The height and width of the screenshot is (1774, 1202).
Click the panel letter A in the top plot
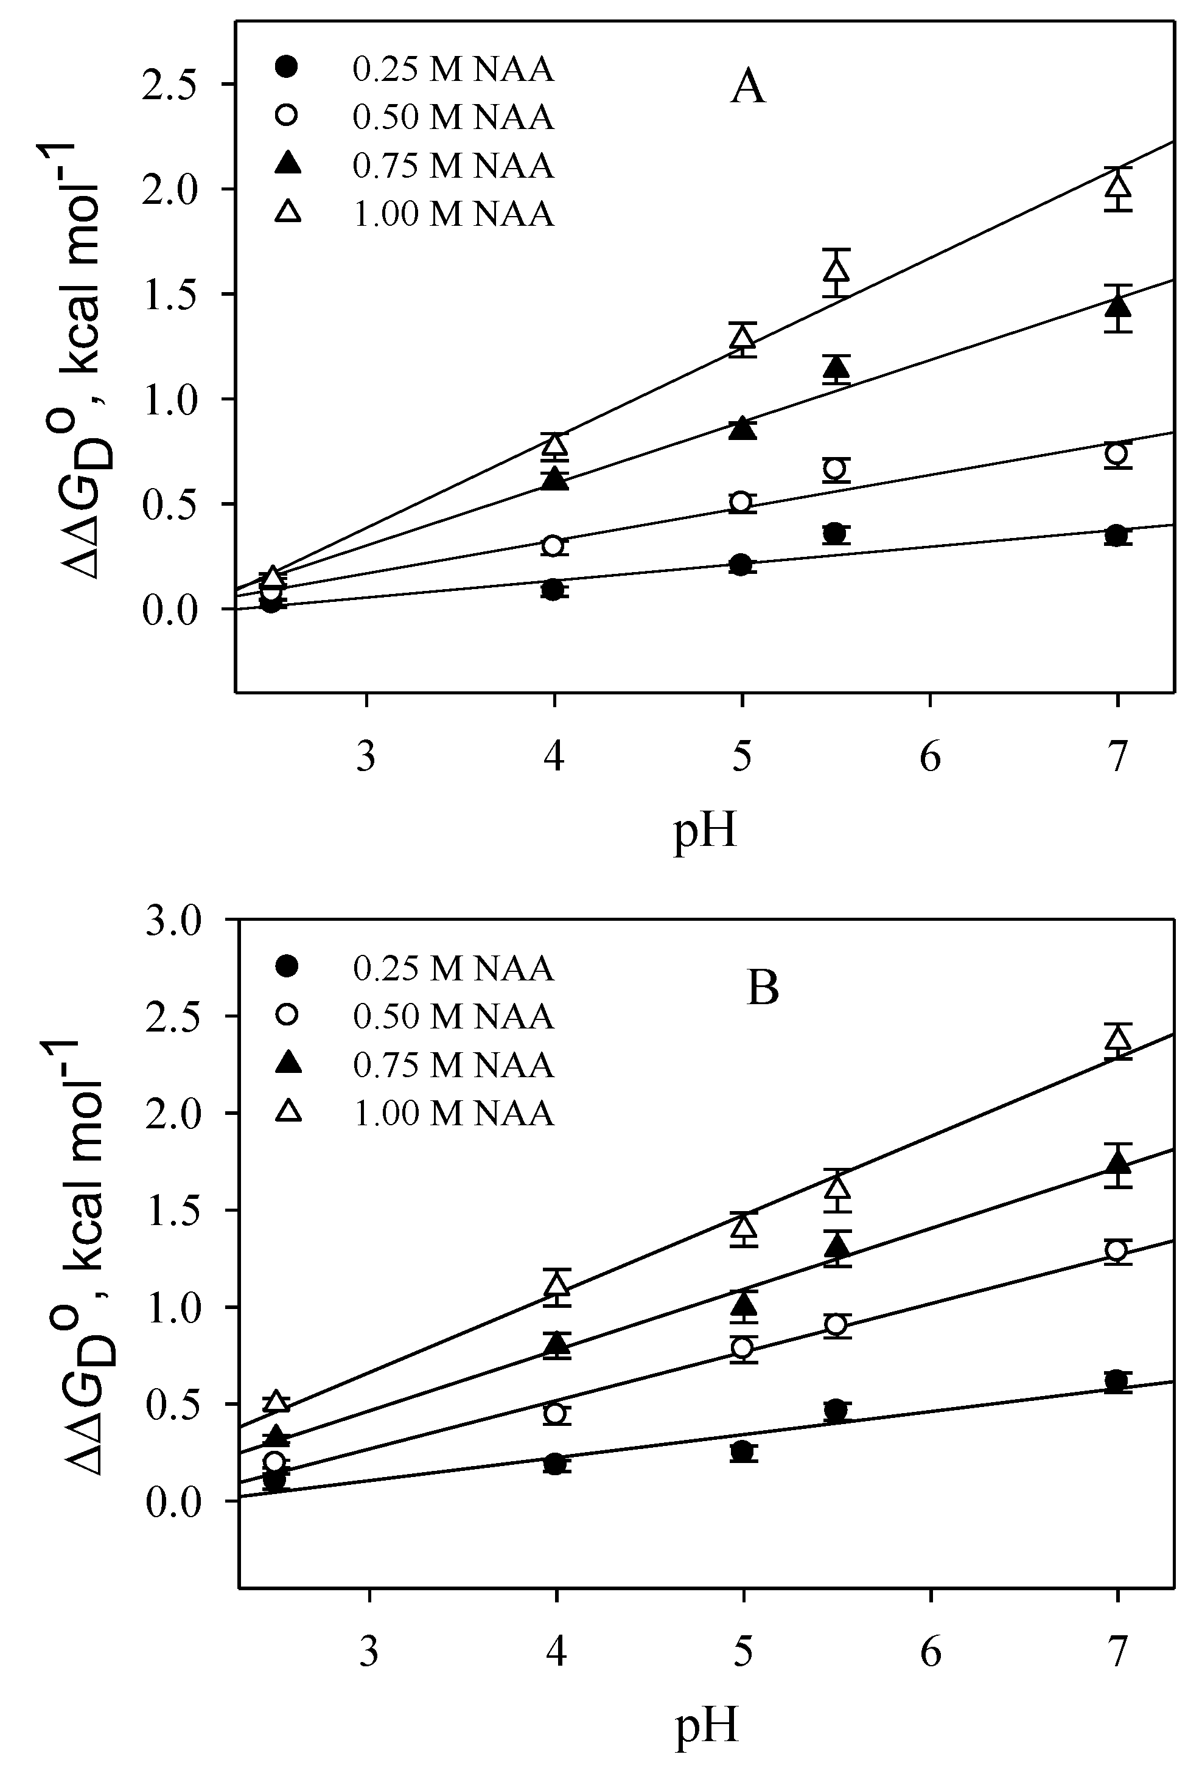pos(747,88)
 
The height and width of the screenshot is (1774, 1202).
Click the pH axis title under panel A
pos(705,832)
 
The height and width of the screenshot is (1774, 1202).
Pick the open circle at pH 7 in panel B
pos(1117,1251)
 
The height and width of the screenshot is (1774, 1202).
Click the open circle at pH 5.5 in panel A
pos(836,468)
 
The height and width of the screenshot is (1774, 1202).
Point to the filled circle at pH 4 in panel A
pos(553,589)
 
